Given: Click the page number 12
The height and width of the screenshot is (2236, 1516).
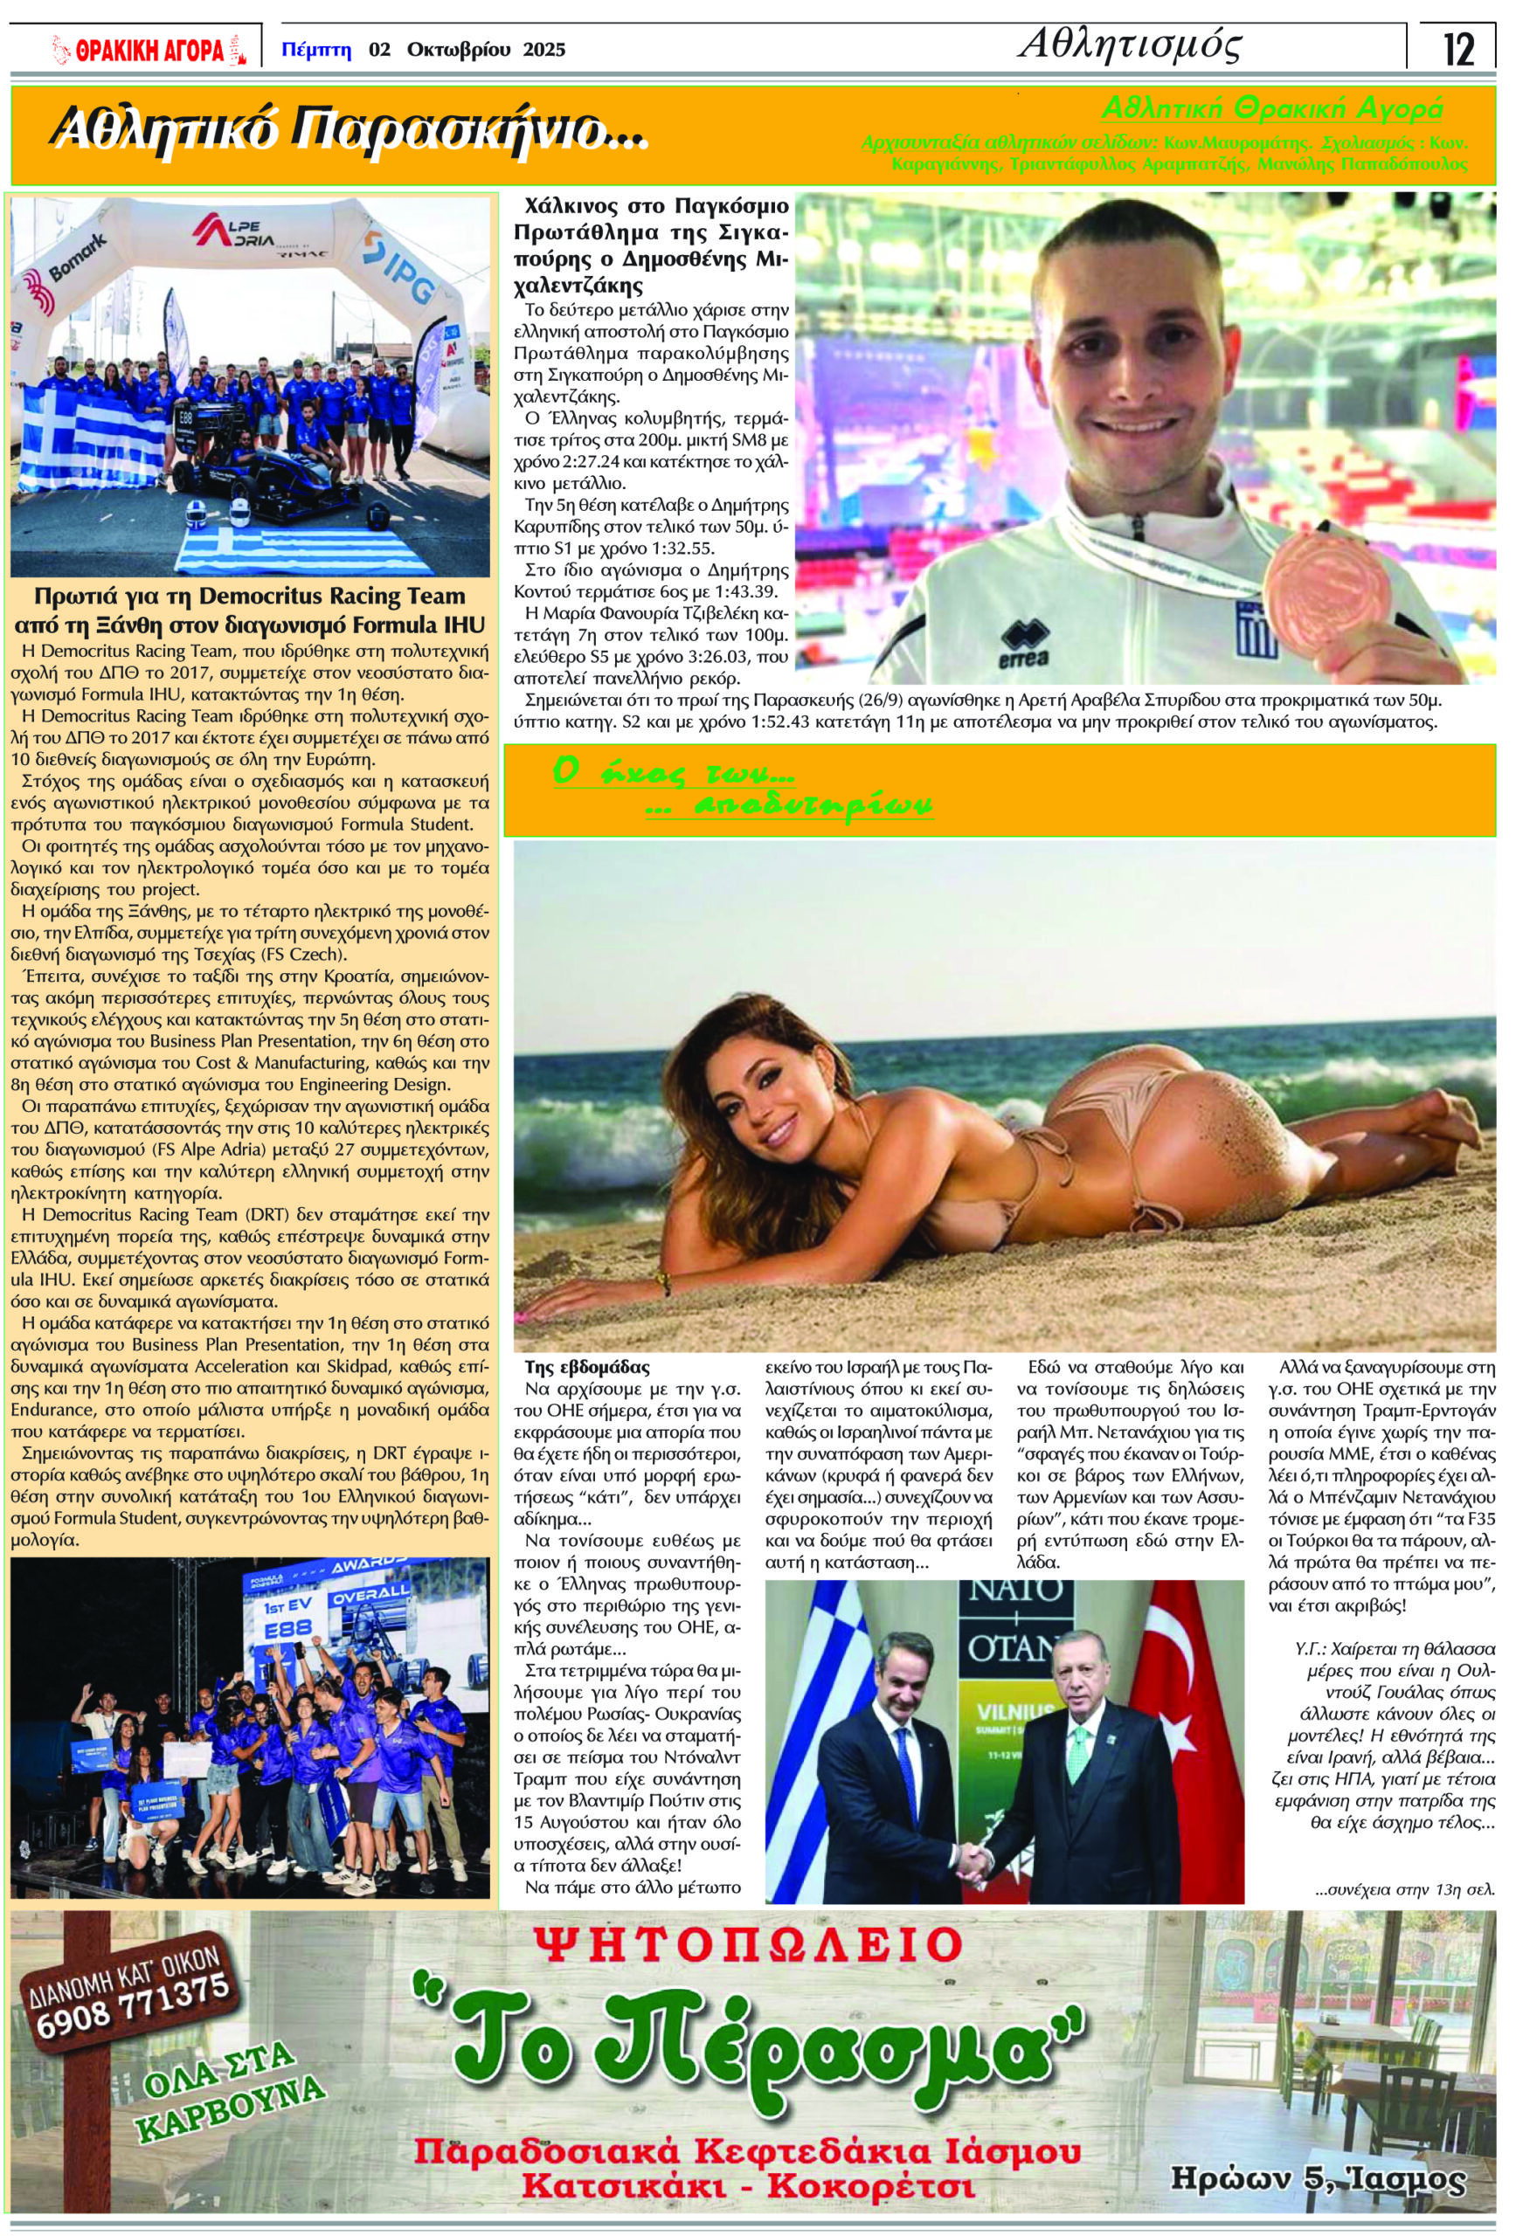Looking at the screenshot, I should [x=1459, y=49].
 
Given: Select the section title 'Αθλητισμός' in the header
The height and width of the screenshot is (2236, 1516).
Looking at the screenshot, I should [x=1129, y=45].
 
